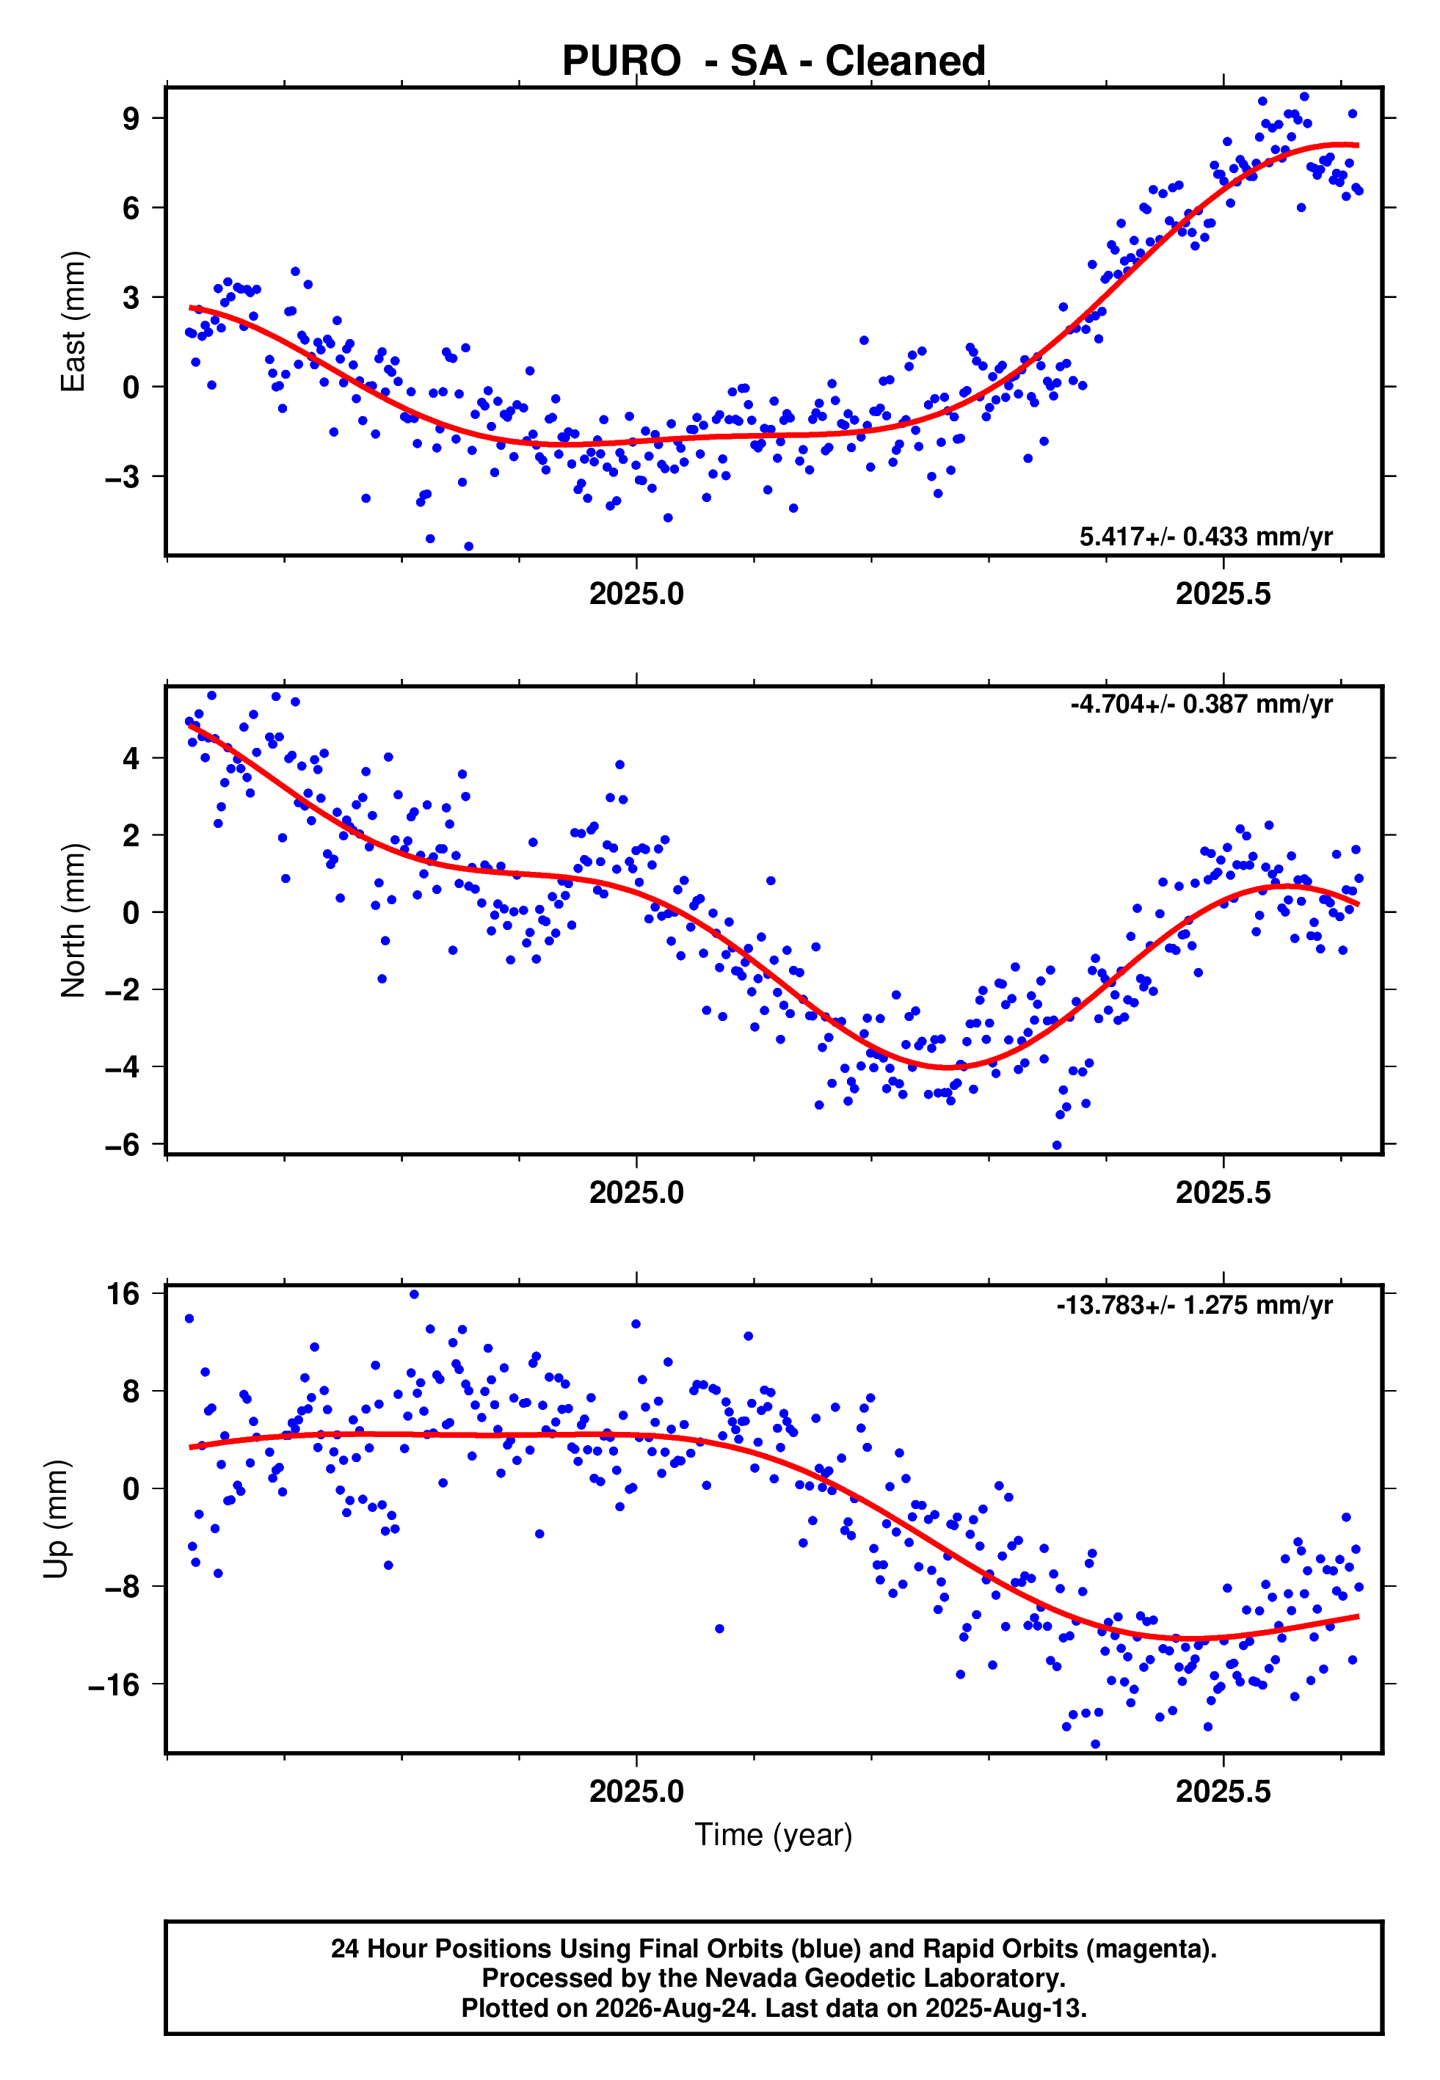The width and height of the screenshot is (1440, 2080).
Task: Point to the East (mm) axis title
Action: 73,322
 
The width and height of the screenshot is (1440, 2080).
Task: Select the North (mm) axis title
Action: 73,920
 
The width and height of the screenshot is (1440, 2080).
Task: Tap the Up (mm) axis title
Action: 56,1519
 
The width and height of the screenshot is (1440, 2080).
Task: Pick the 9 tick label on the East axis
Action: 131,118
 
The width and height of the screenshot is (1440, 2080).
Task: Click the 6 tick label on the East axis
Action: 131,208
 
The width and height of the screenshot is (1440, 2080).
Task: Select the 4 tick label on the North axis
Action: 131,759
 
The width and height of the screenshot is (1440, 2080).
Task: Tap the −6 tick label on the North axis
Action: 123,1145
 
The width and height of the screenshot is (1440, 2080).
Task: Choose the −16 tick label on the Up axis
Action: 114,1684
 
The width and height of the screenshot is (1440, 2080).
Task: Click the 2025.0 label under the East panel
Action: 636,594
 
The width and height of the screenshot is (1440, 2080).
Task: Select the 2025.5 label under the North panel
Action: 1223,1193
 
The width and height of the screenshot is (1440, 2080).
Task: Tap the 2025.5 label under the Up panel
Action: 1223,1792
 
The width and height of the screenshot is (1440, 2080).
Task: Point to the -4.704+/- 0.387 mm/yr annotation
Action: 1201,705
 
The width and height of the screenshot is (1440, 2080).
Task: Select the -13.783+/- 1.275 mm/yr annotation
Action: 1195,1305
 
